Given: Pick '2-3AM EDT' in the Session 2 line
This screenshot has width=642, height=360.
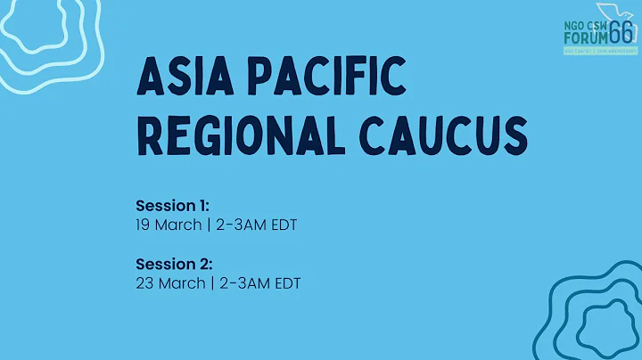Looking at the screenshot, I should coord(259,283).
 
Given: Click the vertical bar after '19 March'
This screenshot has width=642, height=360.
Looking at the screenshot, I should coord(208,225).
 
